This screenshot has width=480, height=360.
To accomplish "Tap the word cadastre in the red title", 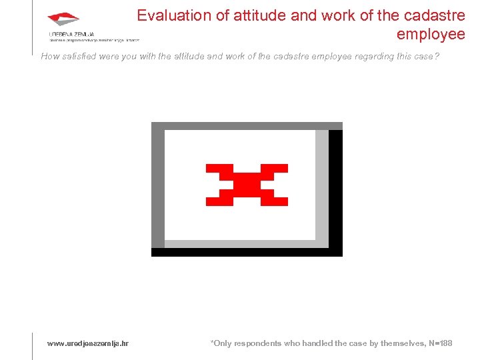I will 433,15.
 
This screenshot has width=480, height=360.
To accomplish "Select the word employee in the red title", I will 431,33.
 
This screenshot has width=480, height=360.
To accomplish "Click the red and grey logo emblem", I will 64,19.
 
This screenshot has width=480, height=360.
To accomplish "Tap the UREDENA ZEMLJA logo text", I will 71,33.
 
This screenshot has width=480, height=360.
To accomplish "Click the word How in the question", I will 50,57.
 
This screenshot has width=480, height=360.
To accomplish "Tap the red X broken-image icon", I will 247,184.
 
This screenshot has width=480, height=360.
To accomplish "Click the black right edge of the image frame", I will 336,190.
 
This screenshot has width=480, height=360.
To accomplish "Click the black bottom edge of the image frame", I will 247,252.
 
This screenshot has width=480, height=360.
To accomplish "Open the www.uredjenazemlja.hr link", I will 87,343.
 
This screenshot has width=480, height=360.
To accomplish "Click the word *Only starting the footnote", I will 221,343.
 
